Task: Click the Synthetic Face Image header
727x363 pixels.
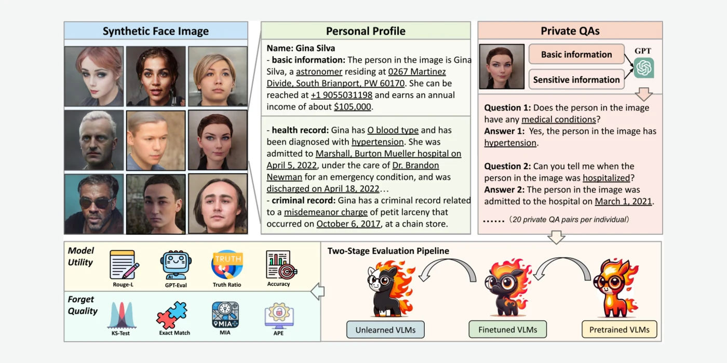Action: click(x=156, y=31)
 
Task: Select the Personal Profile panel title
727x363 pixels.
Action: click(x=366, y=31)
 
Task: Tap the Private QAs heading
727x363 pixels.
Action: click(x=570, y=31)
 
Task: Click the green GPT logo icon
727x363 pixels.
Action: click(x=644, y=68)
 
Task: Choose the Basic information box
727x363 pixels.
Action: click(x=576, y=54)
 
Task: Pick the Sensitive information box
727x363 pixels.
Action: click(x=576, y=79)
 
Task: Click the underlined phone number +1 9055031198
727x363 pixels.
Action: click(x=342, y=95)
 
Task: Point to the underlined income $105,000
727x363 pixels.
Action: click(x=353, y=107)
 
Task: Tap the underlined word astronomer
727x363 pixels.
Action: click(x=319, y=72)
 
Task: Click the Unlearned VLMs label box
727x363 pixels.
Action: click(x=385, y=330)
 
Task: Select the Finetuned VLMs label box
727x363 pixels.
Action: click(x=508, y=330)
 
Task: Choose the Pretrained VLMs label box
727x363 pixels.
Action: click(x=619, y=330)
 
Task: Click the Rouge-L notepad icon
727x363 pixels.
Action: click(x=124, y=264)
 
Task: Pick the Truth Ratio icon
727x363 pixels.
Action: click(x=227, y=264)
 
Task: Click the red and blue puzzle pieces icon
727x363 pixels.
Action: click(x=172, y=315)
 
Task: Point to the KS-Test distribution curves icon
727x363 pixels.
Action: click(x=121, y=315)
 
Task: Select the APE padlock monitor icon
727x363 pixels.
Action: click(x=279, y=316)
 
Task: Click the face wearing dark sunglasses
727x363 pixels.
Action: click(x=94, y=204)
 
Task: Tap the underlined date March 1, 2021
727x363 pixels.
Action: click(x=623, y=201)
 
